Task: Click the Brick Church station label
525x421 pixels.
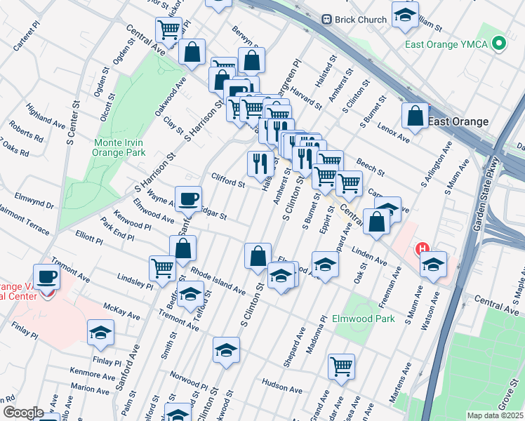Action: tap(361, 20)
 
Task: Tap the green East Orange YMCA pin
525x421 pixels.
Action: tap(499, 44)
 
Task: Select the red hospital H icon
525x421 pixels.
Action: tap(423, 249)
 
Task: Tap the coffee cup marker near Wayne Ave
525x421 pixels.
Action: tap(188, 199)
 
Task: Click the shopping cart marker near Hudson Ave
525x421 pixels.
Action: tap(341, 366)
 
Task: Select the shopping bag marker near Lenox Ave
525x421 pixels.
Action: tap(415, 116)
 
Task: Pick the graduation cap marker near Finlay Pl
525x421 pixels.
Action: tap(101, 333)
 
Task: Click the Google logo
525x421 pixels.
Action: tap(22, 413)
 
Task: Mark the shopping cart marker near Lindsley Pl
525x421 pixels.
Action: tap(162, 268)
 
